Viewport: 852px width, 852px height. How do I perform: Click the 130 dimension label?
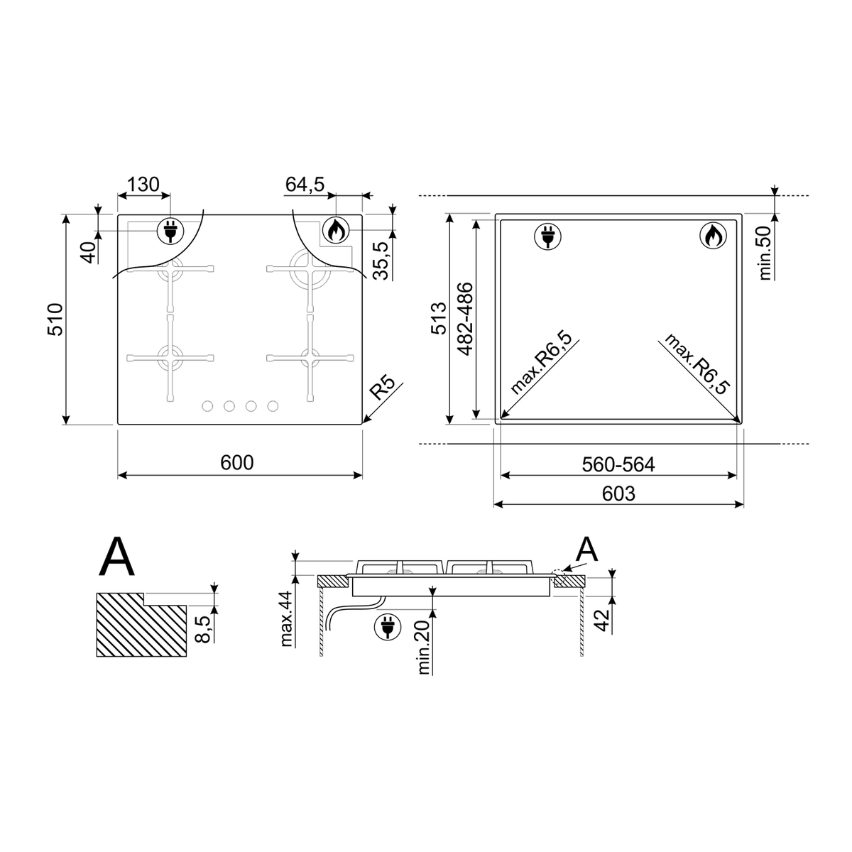pyautogui.click(x=143, y=185)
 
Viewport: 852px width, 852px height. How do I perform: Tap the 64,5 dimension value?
pyautogui.click(x=305, y=185)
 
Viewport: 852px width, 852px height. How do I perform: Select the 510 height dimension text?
pyautogui.click(x=55, y=319)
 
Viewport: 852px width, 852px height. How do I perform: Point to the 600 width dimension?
pyautogui.click(x=237, y=462)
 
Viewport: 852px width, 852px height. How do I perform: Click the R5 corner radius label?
pyautogui.click(x=382, y=388)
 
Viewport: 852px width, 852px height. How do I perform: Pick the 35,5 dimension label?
pyautogui.click(x=381, y=261)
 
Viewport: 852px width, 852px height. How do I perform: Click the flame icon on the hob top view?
pyautogui.click(x=336, y=229)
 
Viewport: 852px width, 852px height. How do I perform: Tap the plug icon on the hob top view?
pyautogui.click(x=170, y=230)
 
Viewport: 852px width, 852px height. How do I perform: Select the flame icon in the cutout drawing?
pyautogui.click(x=713, y=236)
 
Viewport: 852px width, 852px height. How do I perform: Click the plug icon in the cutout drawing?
pyautogui.click(x=548, y=236)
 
